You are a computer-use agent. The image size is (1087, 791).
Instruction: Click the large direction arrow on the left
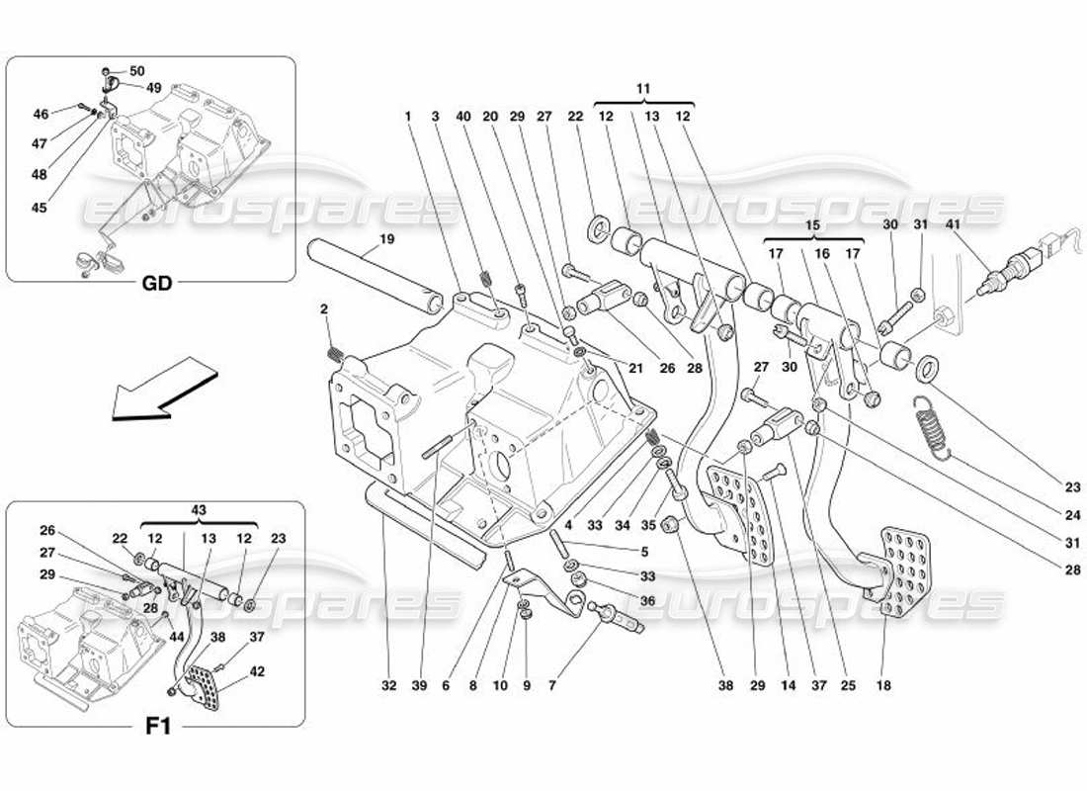162,393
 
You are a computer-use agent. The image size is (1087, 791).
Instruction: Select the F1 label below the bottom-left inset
159,727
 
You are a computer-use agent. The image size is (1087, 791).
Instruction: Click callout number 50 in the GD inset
136,71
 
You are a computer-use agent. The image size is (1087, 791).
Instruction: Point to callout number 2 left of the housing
324,309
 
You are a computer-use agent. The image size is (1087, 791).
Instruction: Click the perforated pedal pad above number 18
904,569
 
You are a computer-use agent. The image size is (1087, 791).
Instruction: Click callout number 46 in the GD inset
41,115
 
